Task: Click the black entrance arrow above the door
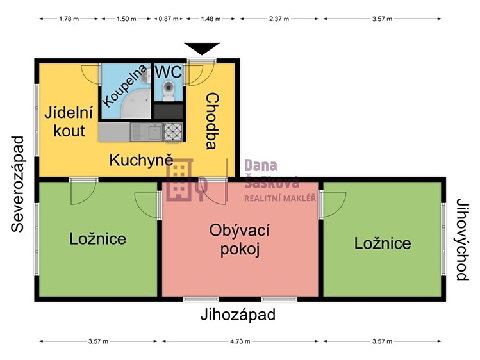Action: (x=202, y=48)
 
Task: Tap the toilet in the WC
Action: (x=169, y=90)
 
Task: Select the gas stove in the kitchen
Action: (x=173, y=131)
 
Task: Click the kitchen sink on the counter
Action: (x=146, y=132)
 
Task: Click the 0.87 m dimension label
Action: (x=169, y=19)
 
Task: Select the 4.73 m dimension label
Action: (x=240, y=341)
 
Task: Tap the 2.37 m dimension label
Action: (x=279, y=19)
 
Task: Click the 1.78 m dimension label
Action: (x=69, y=19)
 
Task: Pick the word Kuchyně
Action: (x=142, y=160)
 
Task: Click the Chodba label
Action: (x=212, y=122)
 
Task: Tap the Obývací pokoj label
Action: (x=240, y=240)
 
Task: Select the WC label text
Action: (x=169, y=72)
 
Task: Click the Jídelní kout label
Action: (x=69, y=122)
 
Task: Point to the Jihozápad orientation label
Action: (x=238, y=315)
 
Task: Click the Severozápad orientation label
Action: (x=18, y=184)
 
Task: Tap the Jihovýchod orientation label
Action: (x=462, y=240)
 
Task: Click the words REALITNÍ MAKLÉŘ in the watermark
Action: (x=280, y=199)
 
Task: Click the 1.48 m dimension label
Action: (x=211, y=19)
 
